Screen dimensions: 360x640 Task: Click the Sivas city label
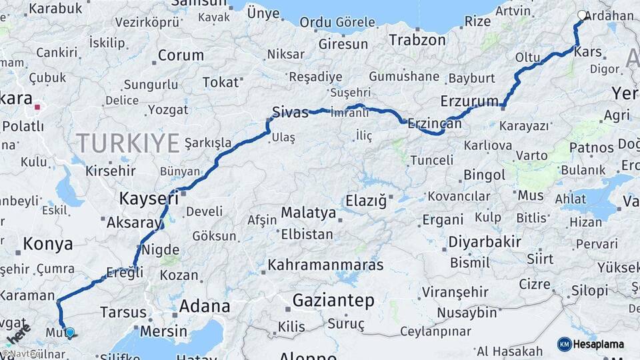[290, 111]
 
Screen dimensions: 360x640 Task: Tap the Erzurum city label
[469, 102]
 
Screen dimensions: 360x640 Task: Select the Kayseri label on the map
[149, 198]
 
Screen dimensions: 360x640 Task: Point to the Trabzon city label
[417, 40]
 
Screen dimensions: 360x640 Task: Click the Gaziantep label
[333, 301]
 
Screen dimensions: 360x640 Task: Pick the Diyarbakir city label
[485, 242]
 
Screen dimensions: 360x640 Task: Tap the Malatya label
[309, 213]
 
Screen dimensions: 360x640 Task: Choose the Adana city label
[205, 307]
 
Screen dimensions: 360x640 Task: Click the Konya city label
[48, 245]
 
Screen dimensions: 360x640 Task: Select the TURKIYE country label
[127, 143]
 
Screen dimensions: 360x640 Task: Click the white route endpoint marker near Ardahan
[582, 15]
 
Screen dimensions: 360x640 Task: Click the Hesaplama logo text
[599, 345]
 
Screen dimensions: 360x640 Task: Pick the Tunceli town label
[431, 161]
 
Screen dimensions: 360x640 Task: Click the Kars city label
[587, 52]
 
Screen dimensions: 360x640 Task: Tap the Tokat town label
[220, 83]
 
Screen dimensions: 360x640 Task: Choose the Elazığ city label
[366, 201]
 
